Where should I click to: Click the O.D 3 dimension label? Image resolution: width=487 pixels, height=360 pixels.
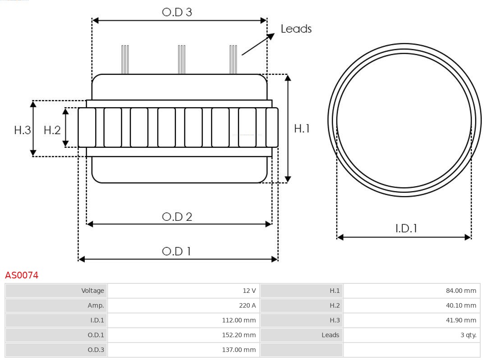pyautogui.click(x=177, y=12)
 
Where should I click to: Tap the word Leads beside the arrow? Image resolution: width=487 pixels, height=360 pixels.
pyautogui.click(x=296, y=29)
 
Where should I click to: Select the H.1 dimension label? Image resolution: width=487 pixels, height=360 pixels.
pyautogui.click(x=302, y=128)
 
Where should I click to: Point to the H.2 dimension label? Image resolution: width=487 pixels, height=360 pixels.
pyautogui.click(x=52, y=130)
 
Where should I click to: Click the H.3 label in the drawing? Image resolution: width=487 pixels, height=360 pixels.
pyautogui.click(x=22, y=130)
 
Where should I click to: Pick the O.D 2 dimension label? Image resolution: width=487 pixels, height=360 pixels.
pyautogui.click(x=177, y=217)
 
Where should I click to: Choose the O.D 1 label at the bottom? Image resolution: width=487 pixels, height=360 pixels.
pyautogui.click(x=176, y=251)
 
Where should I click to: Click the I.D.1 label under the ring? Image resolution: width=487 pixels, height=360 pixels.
pyautogui.click(x=406, y=228)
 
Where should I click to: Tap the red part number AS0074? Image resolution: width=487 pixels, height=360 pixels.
pyautogui.click(x=22, y=275)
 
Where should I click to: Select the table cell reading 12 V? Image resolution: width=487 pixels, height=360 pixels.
pyautogui.click(x=248, y=291)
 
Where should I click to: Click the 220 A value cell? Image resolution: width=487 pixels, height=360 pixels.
pyautogui.click(x=247, y=305)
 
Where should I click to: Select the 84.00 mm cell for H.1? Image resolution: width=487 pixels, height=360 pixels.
pyautogui.click(x=461, y=291)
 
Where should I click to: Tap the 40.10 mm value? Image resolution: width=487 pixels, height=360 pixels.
pyautogui.click(x=461, y=305)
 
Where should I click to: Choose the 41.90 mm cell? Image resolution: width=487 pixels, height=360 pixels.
pyautogui.click(x=461, y=320)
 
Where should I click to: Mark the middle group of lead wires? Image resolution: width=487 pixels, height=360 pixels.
pyautogui.click(x=181, y=59)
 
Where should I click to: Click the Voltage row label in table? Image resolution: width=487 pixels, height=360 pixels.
pyautogui.click(x=92, y=291)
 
